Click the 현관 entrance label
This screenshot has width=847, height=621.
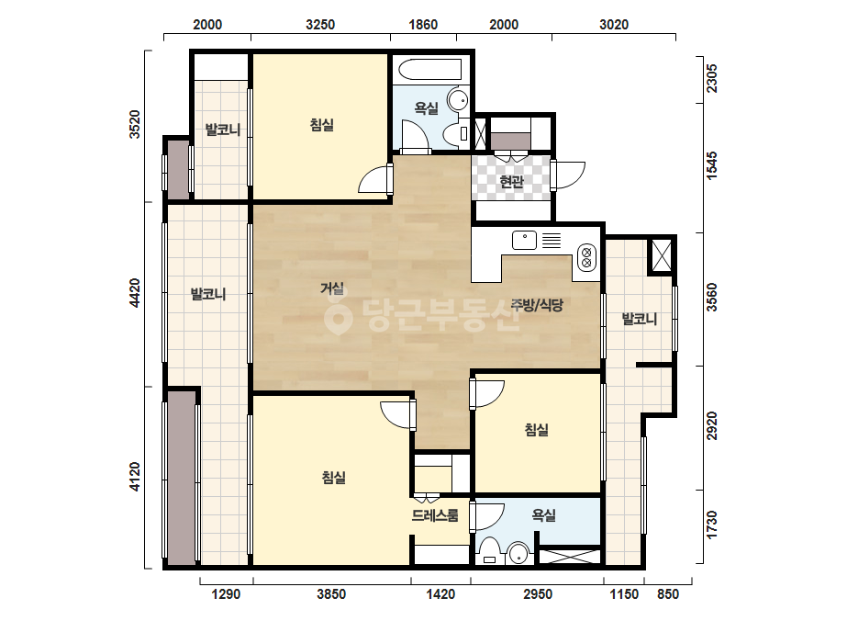pyautogui.click(x=511, y=182)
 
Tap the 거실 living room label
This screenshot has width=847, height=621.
pyautogui.click(x=332, y=288)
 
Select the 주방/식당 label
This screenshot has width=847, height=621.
pyautogui.click(x=537, y=305)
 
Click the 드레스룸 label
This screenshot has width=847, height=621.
pyautogui.click(x=435, y=515)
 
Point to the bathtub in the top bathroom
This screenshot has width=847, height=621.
pyautogui.click(x=430, y=70)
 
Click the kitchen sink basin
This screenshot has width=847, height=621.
pyautogui.click(x=524, y=240)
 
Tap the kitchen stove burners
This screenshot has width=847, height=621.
pyautogui.click(x=586, y=257)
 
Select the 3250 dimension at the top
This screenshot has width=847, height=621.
pyautogui.click(x=320, y=24)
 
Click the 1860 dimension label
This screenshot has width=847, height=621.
pyautogui.click(x=423, y=24)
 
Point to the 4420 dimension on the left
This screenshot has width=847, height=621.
pyautogui.click(x=135, y=293)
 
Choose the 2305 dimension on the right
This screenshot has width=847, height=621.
pyautogui.click(x=712, y=78)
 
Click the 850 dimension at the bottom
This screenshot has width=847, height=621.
pyautogui.click(x=668, y=594)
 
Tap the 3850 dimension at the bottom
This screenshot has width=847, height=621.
pyautogui.click(x=331, y=594)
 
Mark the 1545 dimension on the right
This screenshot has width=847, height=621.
pyautogui.click(x=712, y=165)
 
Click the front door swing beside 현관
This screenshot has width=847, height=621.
pyautogui.click(x=568, y=175)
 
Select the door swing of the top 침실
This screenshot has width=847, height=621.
pyautogui.click(x=373, y=179)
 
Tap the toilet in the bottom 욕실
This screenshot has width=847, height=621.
pyautogui.click(x=490, y=551)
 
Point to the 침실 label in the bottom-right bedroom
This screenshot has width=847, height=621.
pyautogui.click(x=537, y=430)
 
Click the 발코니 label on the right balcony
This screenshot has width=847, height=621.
pyautogui.click(x=640, y=319)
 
